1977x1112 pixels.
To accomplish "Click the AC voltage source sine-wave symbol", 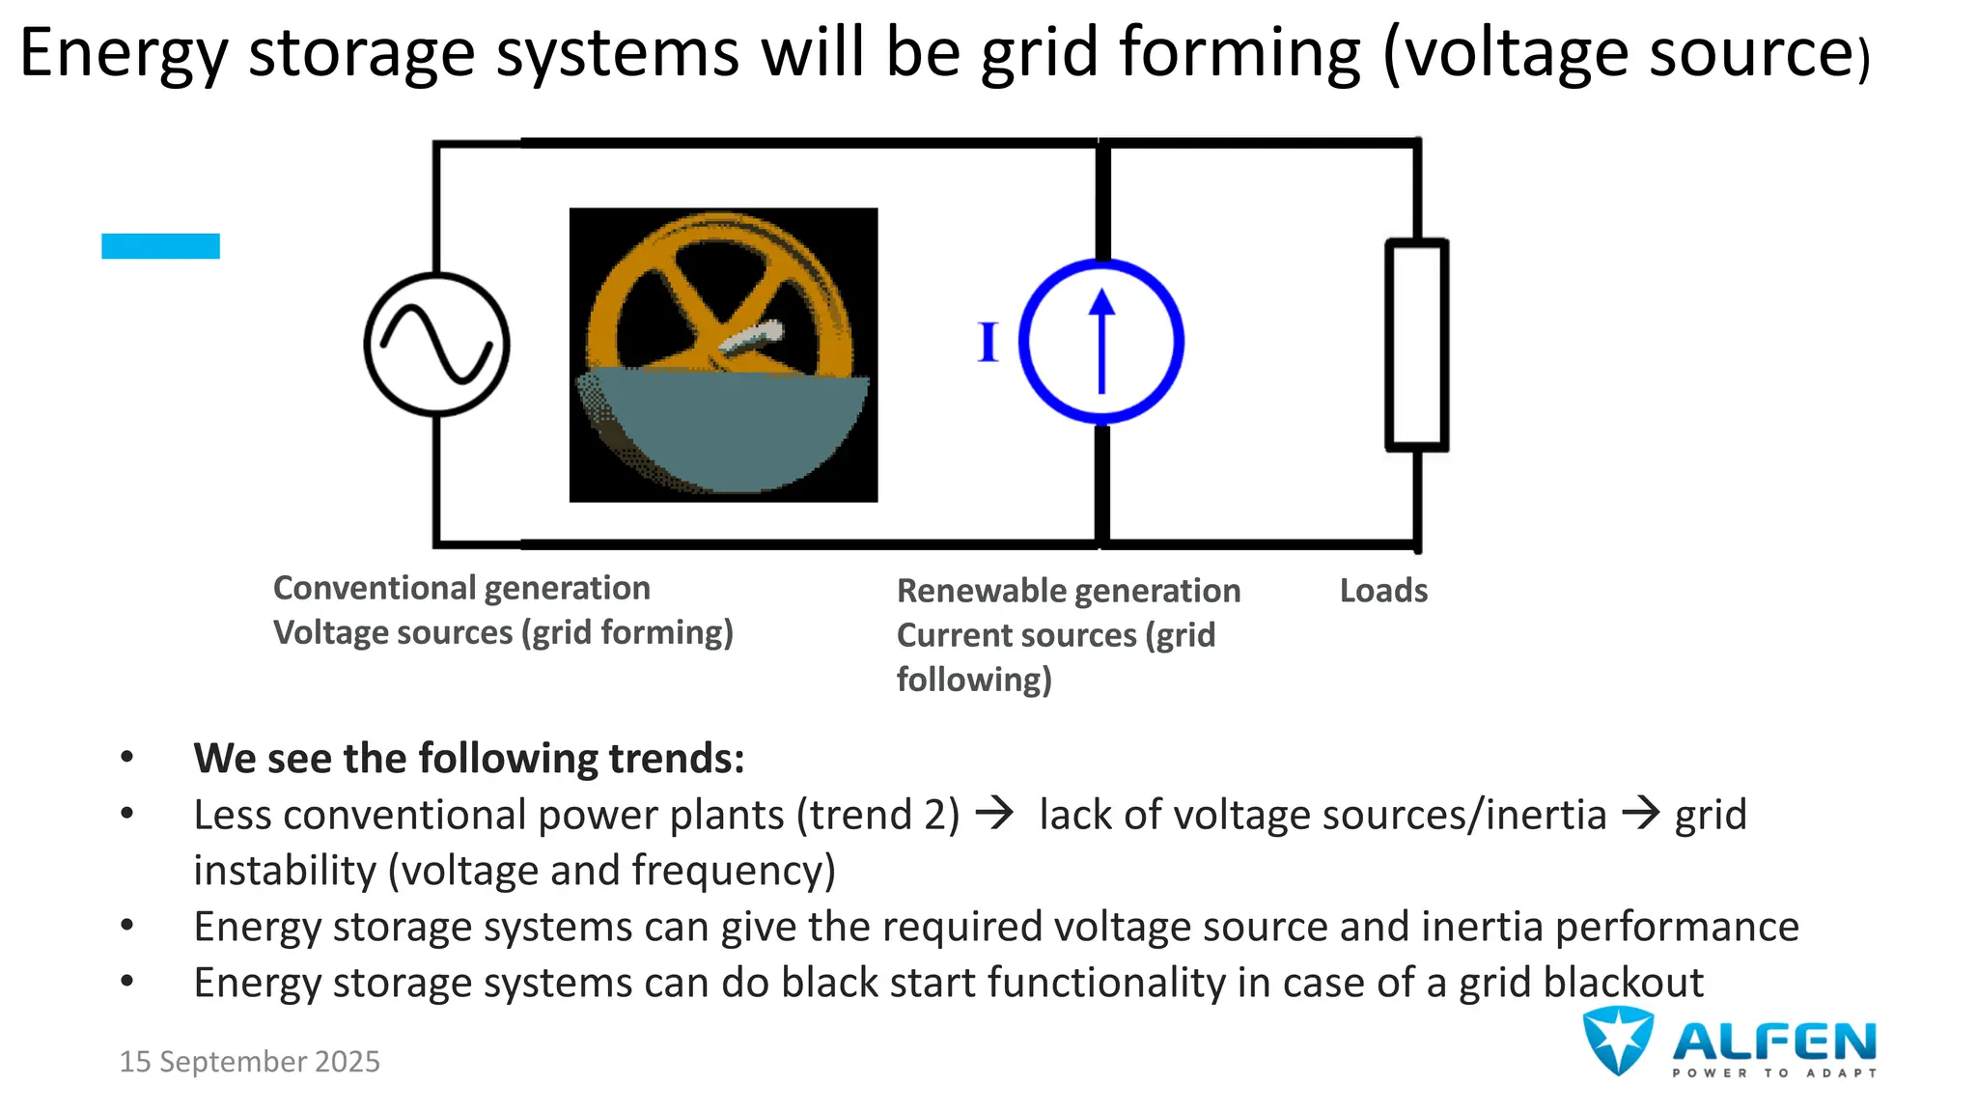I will [x=437, y=345].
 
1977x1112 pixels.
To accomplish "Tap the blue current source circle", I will [x=1101, y=341].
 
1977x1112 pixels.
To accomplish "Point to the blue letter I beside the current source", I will [x=987, y=343].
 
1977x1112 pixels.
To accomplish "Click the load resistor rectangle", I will [x=1416, y=345].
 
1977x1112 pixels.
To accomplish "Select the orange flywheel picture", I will [x=723, y=354].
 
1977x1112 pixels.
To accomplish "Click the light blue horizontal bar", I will [x=160, y=246].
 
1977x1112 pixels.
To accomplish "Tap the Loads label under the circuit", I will [x=1383, y=591].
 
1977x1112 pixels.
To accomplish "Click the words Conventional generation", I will [x=461, y=588].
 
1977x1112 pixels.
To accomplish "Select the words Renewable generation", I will [x=1069, y=591].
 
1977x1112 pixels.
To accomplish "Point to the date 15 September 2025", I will [x=249, y=1062].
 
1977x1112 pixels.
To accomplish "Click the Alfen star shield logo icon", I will [x=1618, y=1040].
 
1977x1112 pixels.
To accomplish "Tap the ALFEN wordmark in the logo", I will [x=1774, y=1042].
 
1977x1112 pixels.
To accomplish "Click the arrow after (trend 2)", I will [x=994, y=814].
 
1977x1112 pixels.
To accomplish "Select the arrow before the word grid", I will [x=1640, y=814].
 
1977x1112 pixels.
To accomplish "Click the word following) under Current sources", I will [x=974, y=680].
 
